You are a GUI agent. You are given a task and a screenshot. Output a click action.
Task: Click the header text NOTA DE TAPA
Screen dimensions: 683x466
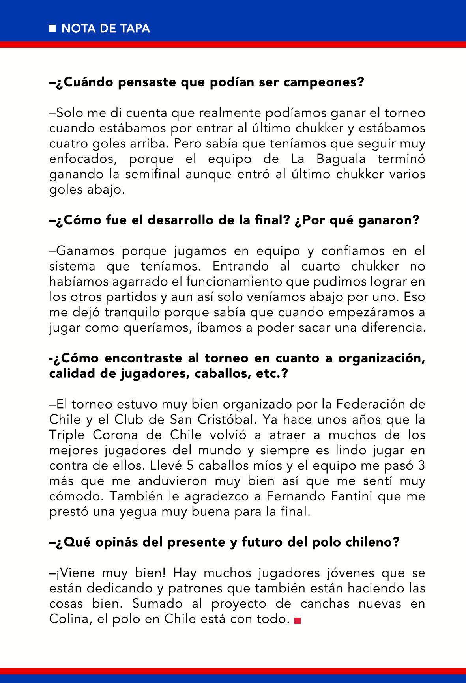[x=106, y=28]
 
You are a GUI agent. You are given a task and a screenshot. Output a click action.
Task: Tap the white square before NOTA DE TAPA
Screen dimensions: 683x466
[x=52, y=28]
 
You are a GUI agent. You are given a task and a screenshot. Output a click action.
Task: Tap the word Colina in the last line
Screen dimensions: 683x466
[x=67, y=619]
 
